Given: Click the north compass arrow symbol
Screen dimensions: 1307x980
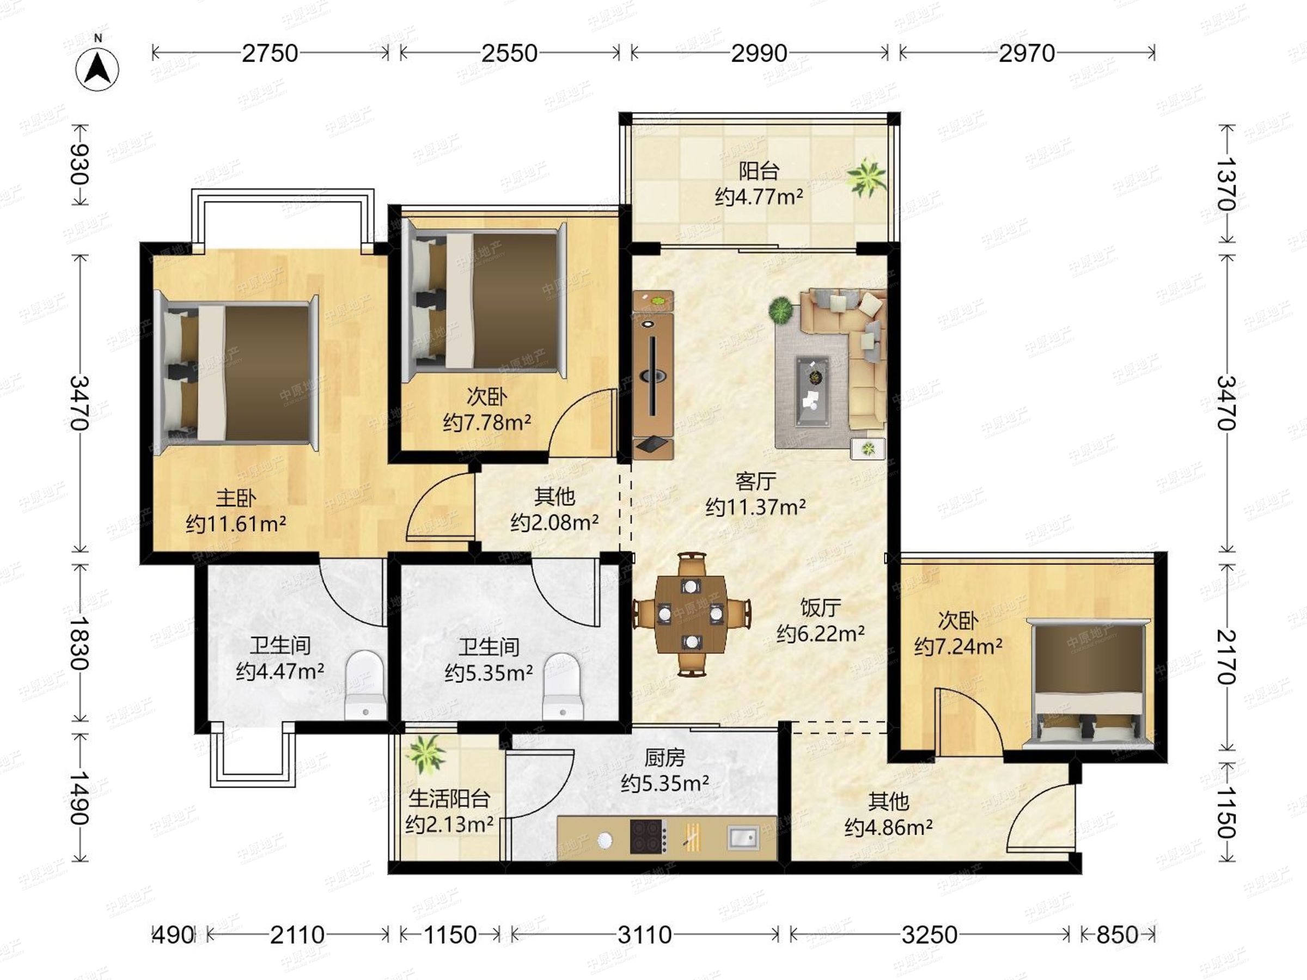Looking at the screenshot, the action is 97,69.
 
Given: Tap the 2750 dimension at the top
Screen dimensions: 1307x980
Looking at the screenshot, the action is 270,54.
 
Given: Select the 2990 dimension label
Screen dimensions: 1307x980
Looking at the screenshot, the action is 759,54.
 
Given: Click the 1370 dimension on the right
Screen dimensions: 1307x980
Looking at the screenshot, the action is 1226,183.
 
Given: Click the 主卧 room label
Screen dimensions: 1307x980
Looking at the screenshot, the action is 236,498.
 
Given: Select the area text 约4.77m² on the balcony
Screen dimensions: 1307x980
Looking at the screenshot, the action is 759,197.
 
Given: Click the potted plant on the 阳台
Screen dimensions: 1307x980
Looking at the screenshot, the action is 866,176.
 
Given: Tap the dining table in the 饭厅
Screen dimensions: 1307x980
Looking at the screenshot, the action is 691,614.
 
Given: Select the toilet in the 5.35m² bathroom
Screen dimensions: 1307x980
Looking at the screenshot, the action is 563,687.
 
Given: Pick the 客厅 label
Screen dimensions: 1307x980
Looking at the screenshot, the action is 756,481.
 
